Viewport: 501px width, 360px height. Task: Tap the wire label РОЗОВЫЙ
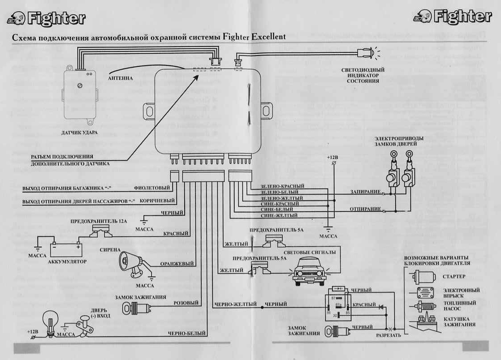[186, 303]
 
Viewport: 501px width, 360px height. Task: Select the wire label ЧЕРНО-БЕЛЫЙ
[186, 334]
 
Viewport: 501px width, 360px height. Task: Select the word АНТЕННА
[120, 78]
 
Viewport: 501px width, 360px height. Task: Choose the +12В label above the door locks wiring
[333, 158]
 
